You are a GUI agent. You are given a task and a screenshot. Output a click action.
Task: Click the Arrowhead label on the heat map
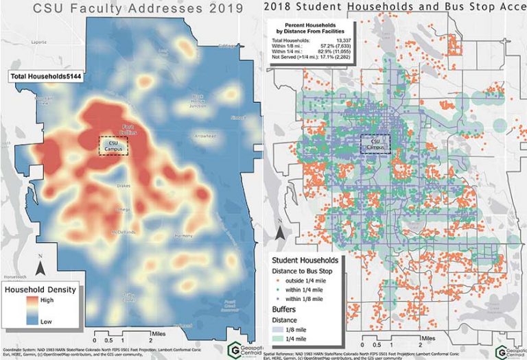pos(205,136)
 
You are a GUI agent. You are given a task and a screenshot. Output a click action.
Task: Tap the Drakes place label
pos(124,186)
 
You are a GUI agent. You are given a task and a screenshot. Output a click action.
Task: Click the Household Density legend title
pos(42,289)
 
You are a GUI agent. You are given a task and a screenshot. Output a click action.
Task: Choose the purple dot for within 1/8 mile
pos(279,300)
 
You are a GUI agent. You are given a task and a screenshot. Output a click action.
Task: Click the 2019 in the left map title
pos(226,9)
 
